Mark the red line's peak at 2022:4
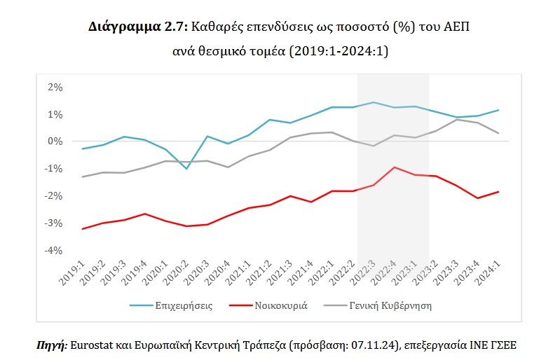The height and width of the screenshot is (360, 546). click(x=395, y=167)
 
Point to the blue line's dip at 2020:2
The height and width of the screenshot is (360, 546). click(x=186, y=169)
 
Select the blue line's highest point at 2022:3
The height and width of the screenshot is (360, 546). click(x=374, y=102)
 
